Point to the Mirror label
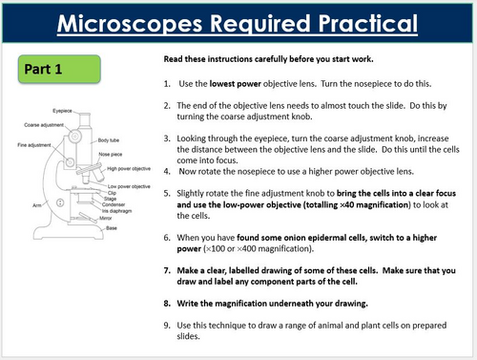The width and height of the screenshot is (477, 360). [x=107, y=217]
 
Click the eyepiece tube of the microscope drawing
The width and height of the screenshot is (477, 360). [x=83, y=119]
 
